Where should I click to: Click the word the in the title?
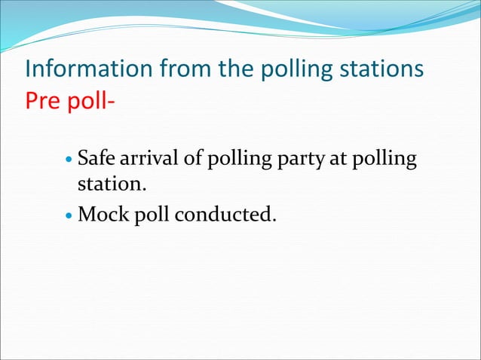coord(234,69)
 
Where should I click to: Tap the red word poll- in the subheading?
coord(89,101)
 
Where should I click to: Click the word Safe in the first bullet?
coord(95,159)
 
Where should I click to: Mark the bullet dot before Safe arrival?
coord(70,160)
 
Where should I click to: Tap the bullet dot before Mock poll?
coord(70,215)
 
